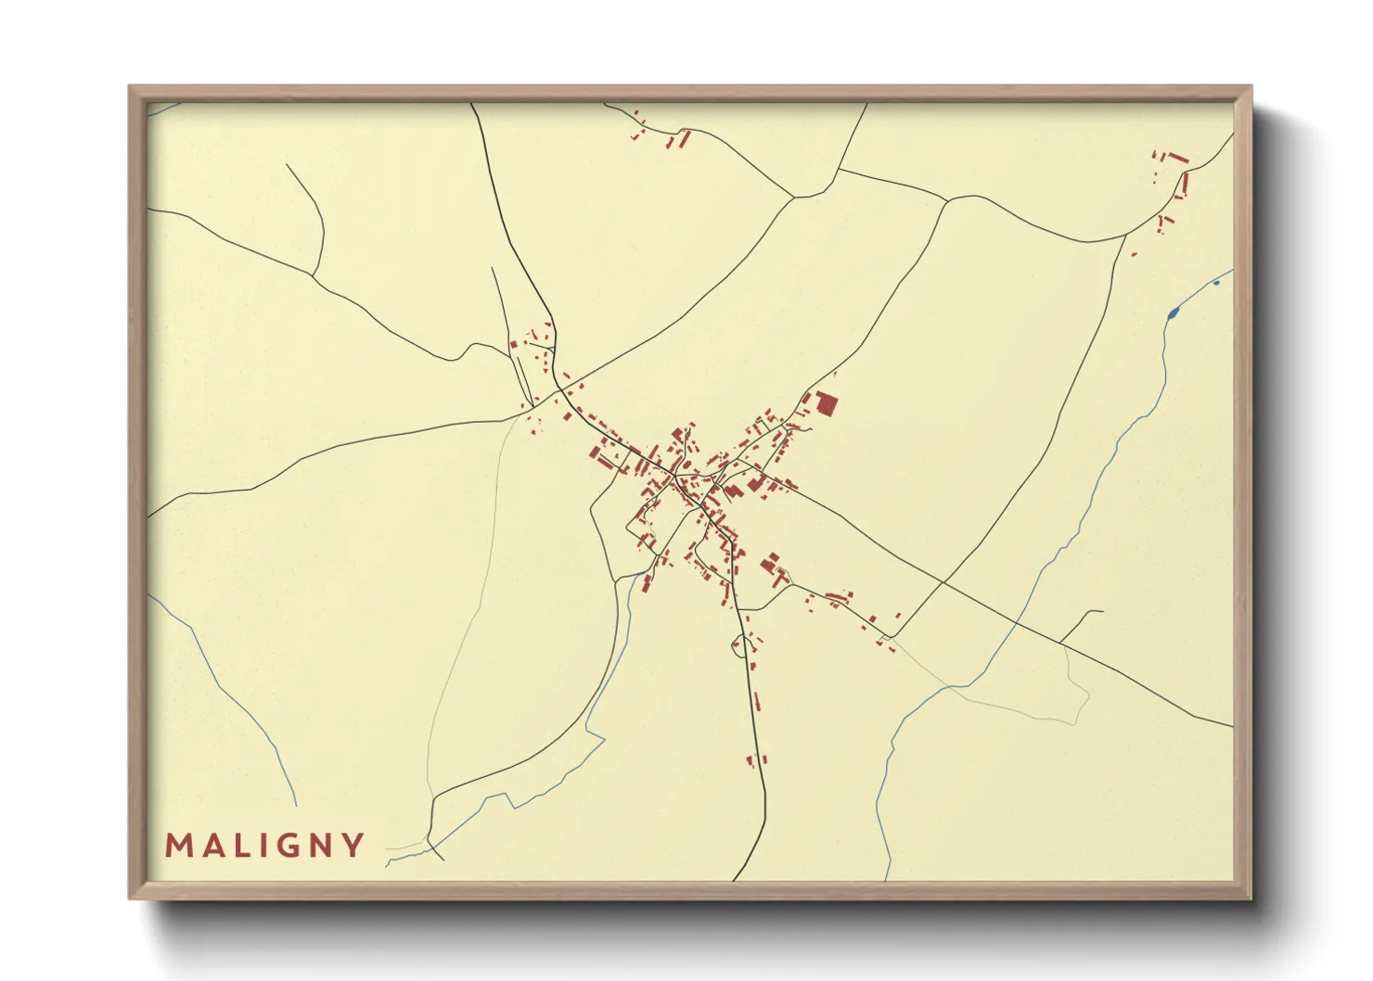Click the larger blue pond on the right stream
click(x=1172, y=313)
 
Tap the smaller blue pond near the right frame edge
click(x=1216, y=282)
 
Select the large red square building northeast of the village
click(x=826, y=404)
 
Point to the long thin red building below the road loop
click(x=756, y=701)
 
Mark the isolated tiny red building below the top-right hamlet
click(x=1134, y=254)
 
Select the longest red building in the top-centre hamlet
click(x=685, y=139)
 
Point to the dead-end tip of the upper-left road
click(x=287, y=165)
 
